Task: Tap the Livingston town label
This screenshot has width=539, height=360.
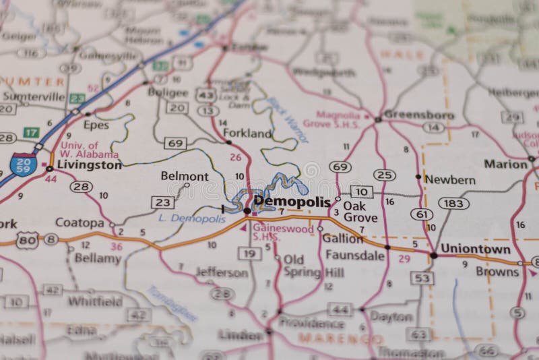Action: click(x=88, y=164)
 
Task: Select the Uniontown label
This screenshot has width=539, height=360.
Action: click(x=471, y=249)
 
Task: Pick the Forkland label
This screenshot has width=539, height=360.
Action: click(x=247, y=133)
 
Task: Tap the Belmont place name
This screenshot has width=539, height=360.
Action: click(x=184, y=177)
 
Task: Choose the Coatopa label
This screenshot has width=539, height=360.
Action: click(x=80, y=222)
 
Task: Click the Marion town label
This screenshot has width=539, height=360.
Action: click(x=505, y=164)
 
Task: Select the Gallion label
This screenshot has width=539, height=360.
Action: click(x=342, y=239)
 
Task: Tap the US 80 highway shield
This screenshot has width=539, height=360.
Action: click(x=26, y=240)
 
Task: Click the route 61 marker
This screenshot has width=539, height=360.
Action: click(x=422, y=214)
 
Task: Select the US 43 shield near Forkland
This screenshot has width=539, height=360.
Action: click(x=205, y=96)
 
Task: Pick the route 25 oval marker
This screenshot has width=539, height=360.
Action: click(x=384, y=175)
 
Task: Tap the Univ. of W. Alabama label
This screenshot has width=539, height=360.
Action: click(x=90, y=150)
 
